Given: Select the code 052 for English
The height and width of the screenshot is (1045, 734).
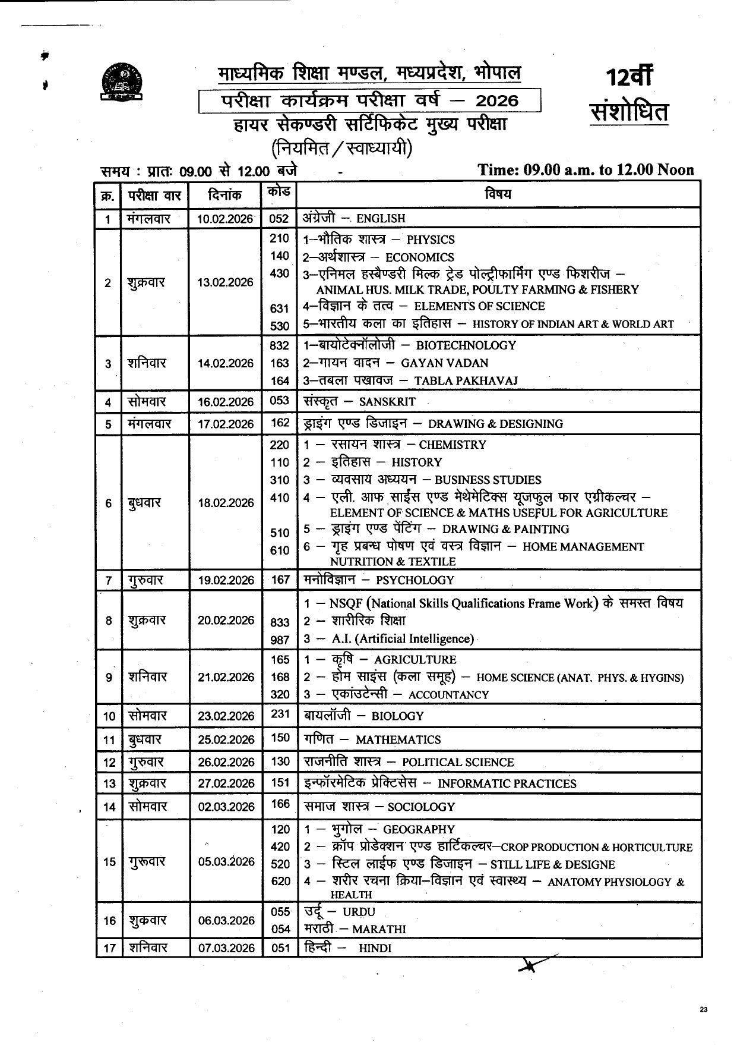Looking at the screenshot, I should point(279,218).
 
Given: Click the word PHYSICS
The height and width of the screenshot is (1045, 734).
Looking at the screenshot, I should point(431,240).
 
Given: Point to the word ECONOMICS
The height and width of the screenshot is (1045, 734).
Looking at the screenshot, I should point(420,258).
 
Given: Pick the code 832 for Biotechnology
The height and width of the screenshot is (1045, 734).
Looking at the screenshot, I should point(279,345).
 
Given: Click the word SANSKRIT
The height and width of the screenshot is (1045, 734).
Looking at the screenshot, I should point(387,402).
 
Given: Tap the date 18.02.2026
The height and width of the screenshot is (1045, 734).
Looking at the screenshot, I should point(226,503).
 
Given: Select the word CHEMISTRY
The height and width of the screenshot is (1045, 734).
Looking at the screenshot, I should point(453,445).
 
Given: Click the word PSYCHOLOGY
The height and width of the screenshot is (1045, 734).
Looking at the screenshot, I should point(415,580).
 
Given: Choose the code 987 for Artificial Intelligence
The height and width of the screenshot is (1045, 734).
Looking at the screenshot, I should point(280,640).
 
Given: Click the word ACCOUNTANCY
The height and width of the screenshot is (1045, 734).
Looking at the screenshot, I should point(448,695).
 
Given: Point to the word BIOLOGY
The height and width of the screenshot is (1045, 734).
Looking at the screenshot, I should point(397,716).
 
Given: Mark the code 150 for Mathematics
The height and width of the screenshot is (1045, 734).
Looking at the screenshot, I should point(280,738).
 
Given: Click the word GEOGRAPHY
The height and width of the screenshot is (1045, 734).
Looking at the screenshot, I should point(419,830).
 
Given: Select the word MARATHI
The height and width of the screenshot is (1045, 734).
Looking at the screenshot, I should point(379,929).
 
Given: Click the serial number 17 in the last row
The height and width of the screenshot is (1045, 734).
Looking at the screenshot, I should point(109,948).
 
